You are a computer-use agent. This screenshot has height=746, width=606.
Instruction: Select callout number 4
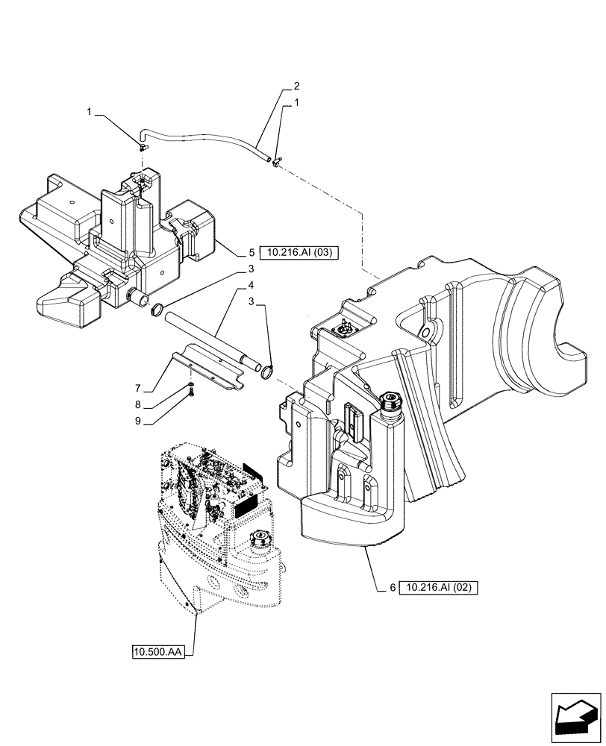(252, 285)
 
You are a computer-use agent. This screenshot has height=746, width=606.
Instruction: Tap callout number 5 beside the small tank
(252, 253)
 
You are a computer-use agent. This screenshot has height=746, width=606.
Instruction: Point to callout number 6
(391, 588)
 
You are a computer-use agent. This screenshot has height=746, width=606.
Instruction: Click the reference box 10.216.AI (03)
(299, 253)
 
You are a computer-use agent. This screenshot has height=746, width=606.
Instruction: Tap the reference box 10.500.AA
(159, 652)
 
